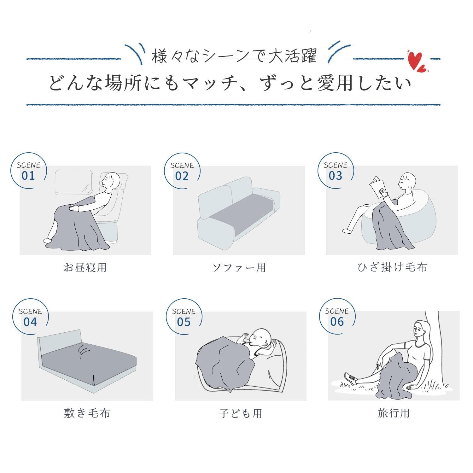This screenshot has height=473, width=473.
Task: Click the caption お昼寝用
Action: coord(85,267)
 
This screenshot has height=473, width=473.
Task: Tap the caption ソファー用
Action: coord(239,267)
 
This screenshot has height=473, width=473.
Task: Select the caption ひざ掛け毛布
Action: coord(393,267)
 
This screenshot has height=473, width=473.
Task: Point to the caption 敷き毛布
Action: coord(87,413)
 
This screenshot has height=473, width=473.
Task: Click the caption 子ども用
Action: coord(241,413)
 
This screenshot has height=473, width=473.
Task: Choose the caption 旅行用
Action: coord(394,413)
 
